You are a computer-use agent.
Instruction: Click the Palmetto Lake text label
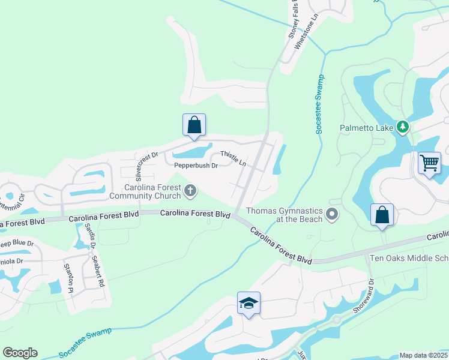click(366, 127)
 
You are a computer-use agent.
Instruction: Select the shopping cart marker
click(429, 163)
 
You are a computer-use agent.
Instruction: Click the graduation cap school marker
click(249, 303)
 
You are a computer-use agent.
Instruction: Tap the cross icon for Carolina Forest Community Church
click(190, 191)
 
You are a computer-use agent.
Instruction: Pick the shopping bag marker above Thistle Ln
click(194, 125)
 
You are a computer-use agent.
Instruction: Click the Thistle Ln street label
click(233, 158)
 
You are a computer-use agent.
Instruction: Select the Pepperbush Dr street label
click(196, 166)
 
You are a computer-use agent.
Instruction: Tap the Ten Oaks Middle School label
click(409, 258)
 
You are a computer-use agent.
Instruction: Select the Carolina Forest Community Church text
click(145, 191)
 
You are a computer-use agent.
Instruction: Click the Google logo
click(20, 353)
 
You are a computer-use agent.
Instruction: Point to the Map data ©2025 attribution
click(423, 355)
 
